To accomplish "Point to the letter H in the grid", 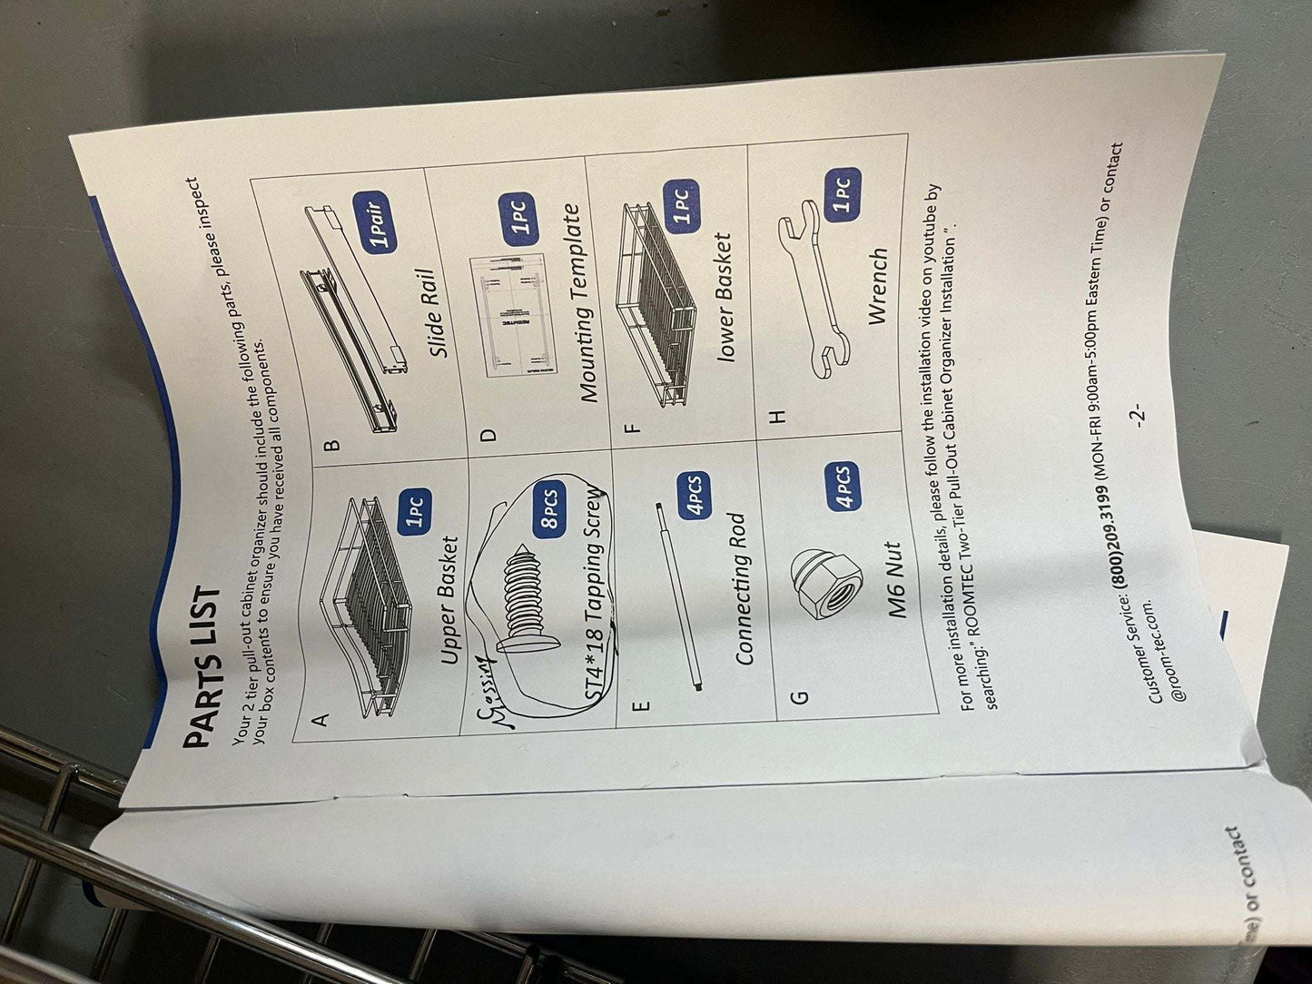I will click(x=776, y=416).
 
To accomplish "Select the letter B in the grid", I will click(x=332, y=445).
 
